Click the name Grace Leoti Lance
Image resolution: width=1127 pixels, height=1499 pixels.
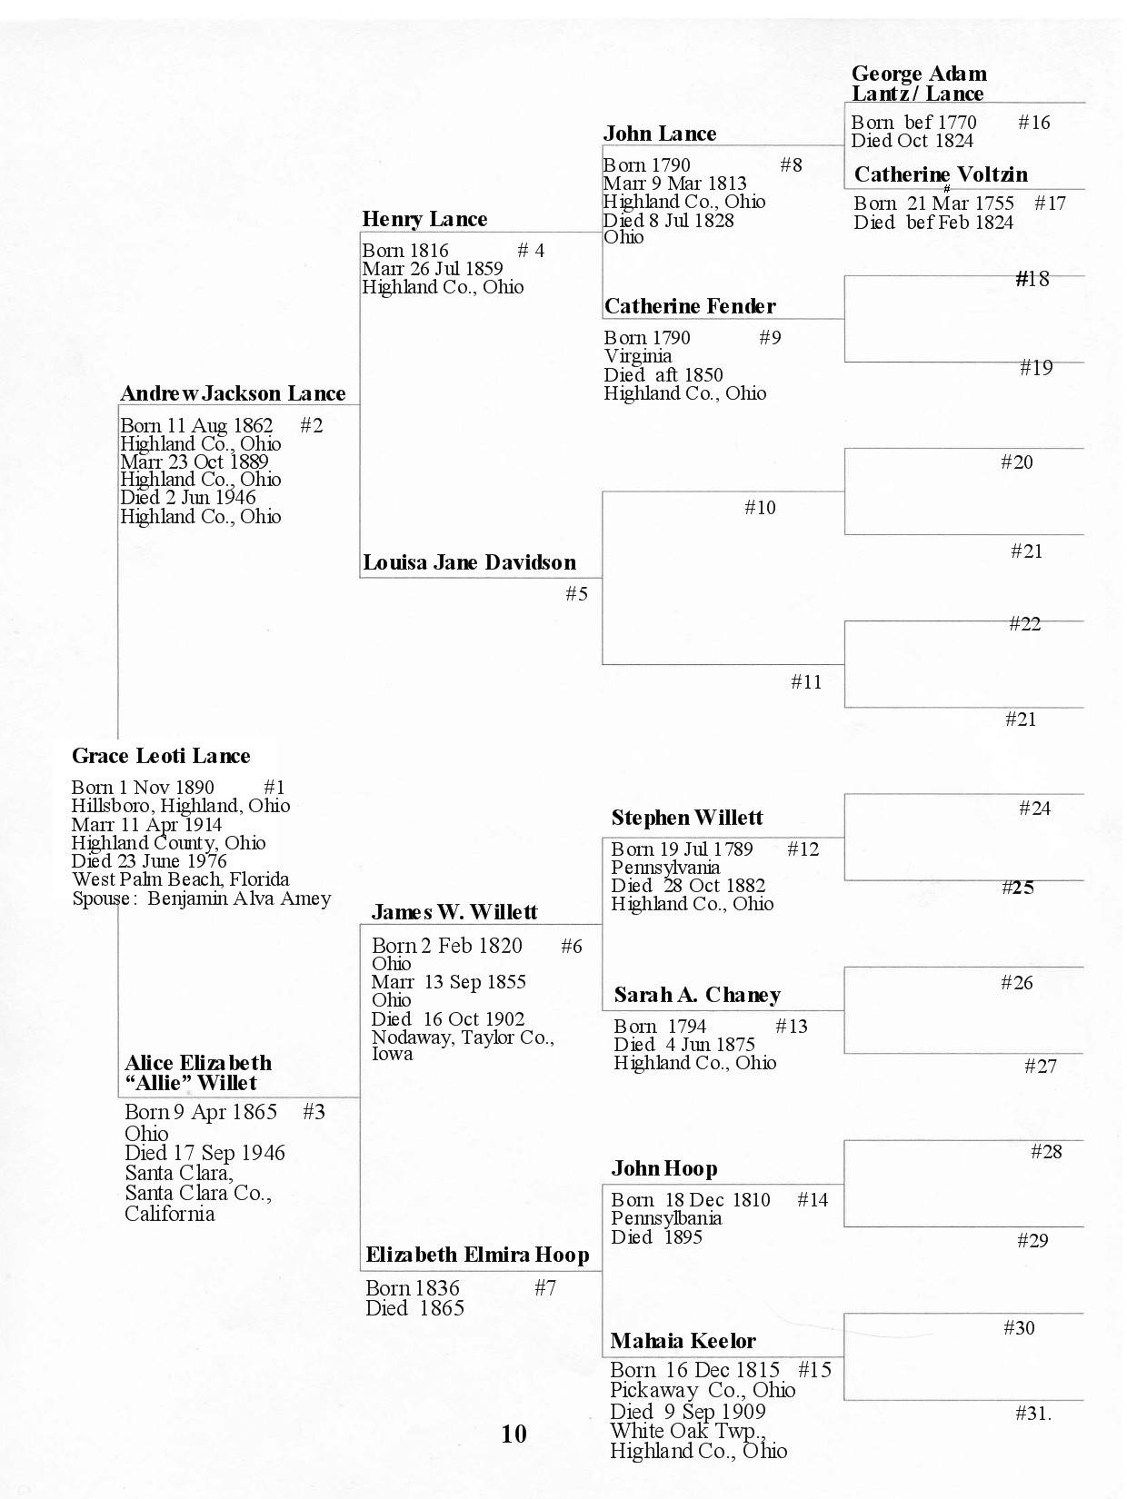161,756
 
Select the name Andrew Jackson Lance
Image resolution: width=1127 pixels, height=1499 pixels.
233,393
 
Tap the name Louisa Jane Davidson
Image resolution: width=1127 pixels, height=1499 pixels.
469,562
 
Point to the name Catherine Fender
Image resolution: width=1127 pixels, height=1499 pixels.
690,306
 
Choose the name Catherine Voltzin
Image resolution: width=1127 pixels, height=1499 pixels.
941,174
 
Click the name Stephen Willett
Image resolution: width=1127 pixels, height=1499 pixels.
687,818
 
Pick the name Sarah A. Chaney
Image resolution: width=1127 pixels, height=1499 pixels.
697,995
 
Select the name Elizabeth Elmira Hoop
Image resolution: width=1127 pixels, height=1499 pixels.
477,1256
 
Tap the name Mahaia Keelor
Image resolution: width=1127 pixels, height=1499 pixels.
683,1341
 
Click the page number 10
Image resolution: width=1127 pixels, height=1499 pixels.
514,1434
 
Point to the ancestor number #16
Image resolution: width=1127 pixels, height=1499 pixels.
1033,123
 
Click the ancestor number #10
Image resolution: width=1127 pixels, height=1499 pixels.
760,508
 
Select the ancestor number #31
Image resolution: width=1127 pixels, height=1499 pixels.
1032,1414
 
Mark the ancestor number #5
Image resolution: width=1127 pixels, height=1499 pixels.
576,594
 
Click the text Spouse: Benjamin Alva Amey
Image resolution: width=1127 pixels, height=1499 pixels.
202,898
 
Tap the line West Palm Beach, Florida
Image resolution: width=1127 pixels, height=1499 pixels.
181,879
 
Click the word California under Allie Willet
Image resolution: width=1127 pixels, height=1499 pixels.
170,1214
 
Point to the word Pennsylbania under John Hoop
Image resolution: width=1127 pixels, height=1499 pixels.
666,1218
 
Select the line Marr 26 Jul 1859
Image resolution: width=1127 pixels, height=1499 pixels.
432,269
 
